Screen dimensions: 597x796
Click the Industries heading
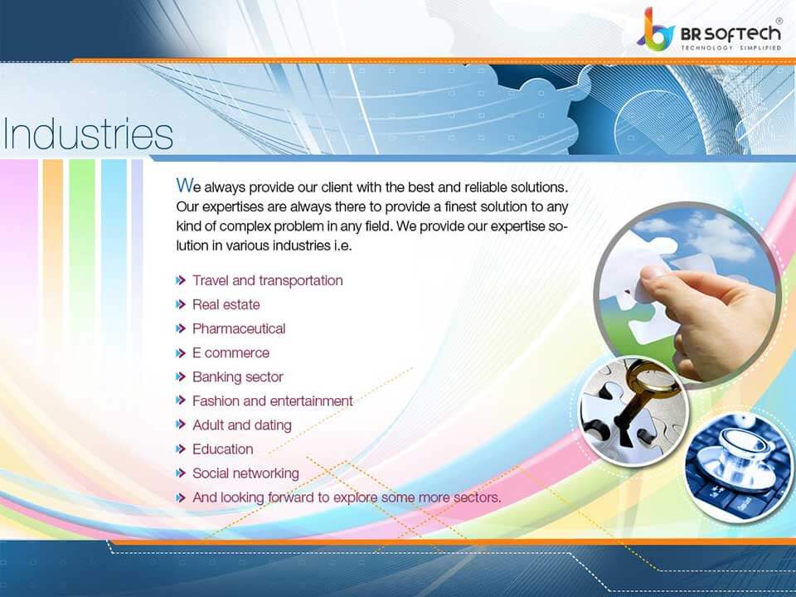88,134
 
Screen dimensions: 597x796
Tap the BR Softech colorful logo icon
656,31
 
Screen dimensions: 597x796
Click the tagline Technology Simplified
731,48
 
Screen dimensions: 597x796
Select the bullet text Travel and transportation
267,280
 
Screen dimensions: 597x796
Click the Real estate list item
226,304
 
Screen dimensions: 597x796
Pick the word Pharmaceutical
239,328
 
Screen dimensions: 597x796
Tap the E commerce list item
231,352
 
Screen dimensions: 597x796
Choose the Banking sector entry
237,376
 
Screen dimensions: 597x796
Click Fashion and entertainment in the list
272,400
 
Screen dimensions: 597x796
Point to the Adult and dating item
241,425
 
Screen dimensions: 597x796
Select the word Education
222,449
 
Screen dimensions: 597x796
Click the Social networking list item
245,473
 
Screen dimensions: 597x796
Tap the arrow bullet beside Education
181,449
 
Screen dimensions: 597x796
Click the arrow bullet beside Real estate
181,304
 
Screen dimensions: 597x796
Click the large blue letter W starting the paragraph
184,183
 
